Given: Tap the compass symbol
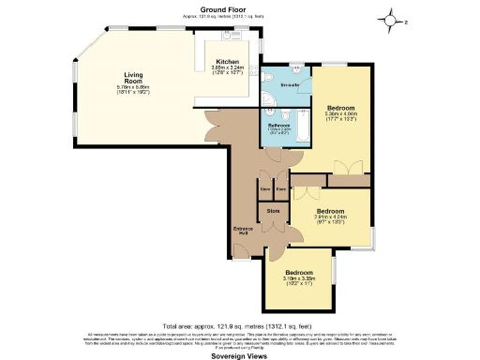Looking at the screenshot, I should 390,18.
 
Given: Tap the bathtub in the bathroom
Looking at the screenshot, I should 303,127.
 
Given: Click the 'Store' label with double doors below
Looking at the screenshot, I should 273,211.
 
